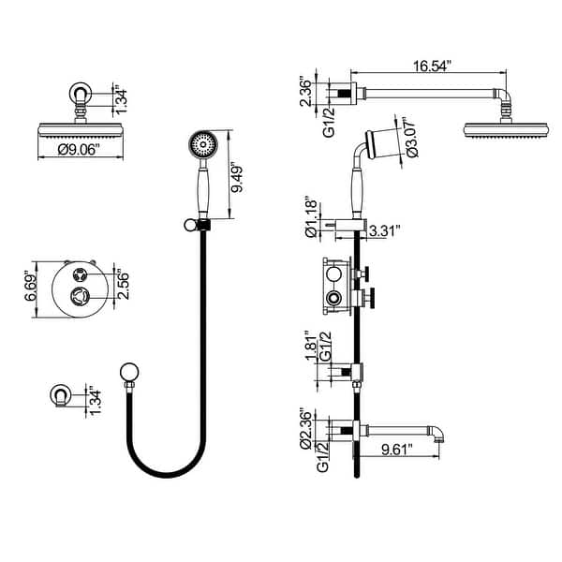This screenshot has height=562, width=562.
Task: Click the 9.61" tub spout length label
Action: [x=403, y=451]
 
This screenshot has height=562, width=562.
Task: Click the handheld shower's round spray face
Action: [x=201, y=145]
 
